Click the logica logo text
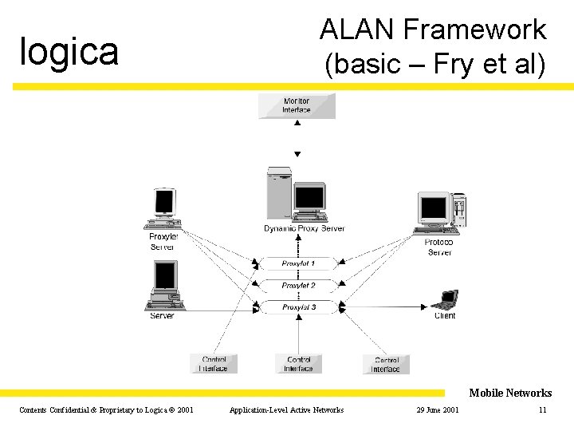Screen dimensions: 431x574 coord(69,52)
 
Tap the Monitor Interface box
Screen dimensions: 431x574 coord(297,105)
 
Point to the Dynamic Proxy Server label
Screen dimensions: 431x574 coord(305,229)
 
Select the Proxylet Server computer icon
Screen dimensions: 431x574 coord(164,209)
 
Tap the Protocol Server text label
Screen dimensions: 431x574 coord(439,247)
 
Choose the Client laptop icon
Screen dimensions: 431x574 coord(444,300)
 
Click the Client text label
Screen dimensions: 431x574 coord(445,316)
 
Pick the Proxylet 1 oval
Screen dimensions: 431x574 coord(298,263)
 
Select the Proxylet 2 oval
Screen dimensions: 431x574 coord(298,285)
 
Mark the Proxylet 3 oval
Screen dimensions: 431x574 coord(298,307)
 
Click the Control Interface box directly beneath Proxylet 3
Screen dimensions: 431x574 coord(298,364)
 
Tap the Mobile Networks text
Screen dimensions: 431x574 coord(510,393)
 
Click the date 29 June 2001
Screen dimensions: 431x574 coord(437,410)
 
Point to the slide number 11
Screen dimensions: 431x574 coord(542,410)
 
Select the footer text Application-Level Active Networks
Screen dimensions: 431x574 coord(286,410)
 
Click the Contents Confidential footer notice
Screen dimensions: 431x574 coord(106,410)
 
